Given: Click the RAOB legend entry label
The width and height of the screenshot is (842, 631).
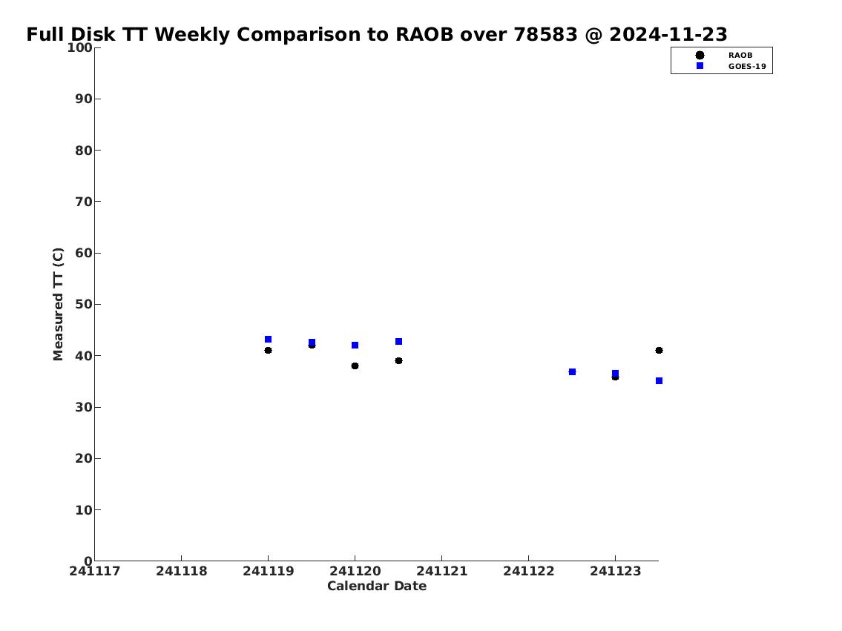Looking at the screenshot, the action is click(x=740, y=56).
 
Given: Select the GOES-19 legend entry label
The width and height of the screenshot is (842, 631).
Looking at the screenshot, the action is click(x=747, y=67).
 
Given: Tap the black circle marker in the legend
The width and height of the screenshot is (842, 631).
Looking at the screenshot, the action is click(x=700, y=56).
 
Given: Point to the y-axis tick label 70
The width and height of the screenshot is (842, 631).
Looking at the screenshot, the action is click(x=84, y=202).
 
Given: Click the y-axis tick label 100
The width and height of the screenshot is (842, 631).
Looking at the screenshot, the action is click(x=79, y=47).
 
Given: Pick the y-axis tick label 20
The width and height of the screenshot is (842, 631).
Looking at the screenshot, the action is click(x=84, y=458).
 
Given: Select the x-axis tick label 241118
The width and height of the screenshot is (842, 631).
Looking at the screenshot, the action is click(x=182, y=571).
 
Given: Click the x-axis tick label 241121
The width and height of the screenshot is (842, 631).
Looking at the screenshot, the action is click(x=442, y=571).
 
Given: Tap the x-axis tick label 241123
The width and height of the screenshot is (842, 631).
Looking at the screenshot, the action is click(x=616, y=571).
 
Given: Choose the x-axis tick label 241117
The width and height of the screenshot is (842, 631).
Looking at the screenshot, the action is click(x=94, y=571).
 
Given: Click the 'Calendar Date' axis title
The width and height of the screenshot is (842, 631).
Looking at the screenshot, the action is click(x=377, y=586).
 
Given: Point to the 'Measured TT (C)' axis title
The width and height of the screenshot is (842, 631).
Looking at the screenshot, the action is click(x=58, y=304).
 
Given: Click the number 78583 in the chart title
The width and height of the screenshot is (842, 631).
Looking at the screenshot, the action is click(x=545, y=34).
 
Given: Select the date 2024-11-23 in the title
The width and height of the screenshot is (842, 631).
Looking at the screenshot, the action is click(x=668, y=34).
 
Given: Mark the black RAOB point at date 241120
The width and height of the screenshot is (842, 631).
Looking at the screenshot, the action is click(x=355, y=366).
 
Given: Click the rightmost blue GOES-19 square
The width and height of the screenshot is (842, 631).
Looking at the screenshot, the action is click(x=659, y=381).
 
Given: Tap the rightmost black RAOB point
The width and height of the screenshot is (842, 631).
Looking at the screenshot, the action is click(x=659, y=351).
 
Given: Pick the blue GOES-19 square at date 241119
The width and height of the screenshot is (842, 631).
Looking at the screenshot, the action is click(x=268, y=339).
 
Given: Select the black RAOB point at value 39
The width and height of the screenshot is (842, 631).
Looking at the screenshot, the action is click(x=398, y=360).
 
